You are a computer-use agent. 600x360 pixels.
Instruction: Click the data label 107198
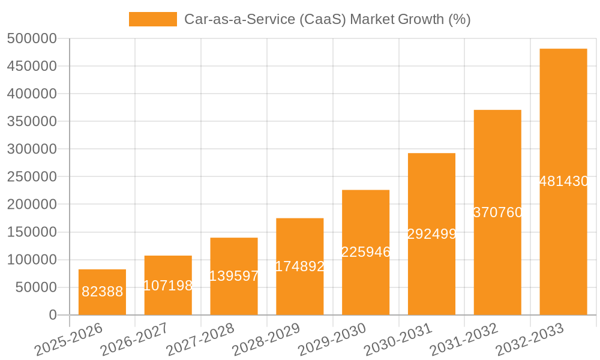pos(168,286)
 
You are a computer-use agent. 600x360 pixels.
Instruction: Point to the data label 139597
pos(234,276)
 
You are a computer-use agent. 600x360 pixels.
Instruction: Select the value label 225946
pos(365,252)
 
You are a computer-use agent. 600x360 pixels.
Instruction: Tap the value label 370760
pos(497,212)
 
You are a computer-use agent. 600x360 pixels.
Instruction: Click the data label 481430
pos(563,181)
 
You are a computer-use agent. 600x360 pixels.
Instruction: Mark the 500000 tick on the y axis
pos(32,39)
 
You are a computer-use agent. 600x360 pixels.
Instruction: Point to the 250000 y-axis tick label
pos(32,177)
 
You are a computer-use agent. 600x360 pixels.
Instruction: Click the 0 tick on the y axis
pos(53,315)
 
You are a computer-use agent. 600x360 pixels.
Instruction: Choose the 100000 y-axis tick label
pos(32,260)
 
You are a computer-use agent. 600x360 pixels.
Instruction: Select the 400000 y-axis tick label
pos(32,94)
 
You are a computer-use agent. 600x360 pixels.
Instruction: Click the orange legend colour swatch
pos(153,19)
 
